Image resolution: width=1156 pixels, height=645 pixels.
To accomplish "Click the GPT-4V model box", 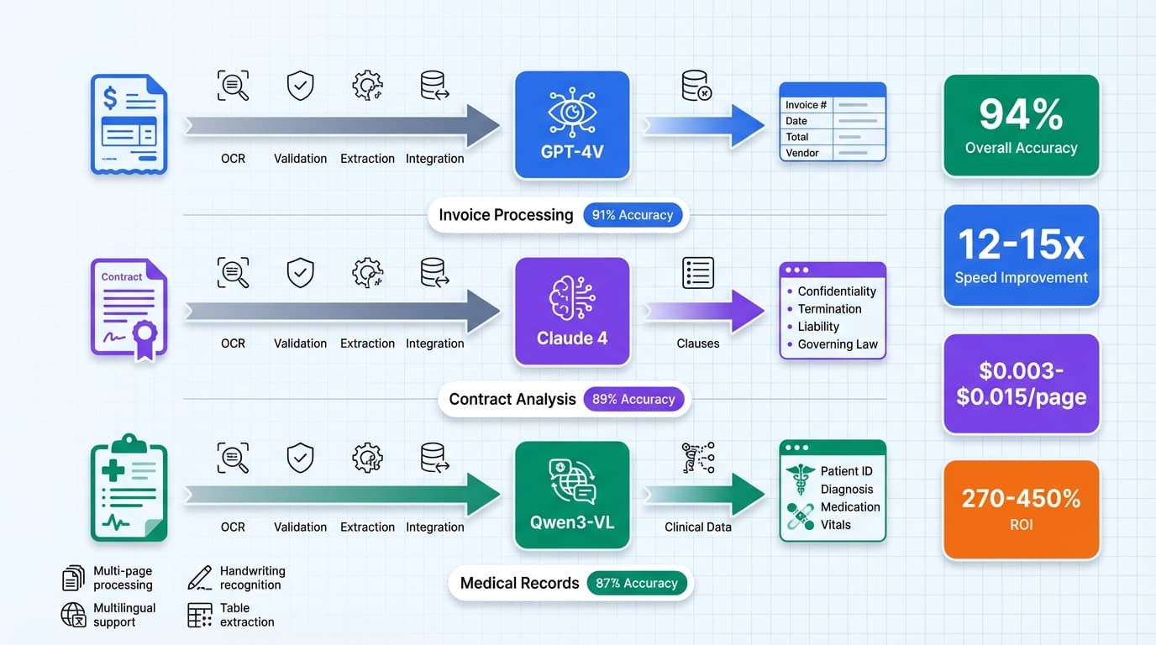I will pyautogui.click(x=571, y=124).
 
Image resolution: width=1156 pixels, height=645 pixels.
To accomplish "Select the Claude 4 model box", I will pyautogui.click(x=571, y=311).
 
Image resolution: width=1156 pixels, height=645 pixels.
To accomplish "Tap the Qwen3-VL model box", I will pyautogui.click(x=571, y=495).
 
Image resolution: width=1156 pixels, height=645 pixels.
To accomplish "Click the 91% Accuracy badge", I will pyautogui.click(x=632, y=215).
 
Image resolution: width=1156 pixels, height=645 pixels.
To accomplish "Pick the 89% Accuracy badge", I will pyautogui.click(x=633, y=400).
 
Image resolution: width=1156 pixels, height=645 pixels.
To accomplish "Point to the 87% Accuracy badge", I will pyautogui.click(x=636, y=583).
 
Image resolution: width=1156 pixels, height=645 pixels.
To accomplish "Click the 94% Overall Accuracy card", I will pyautogui.click(x=1021, y=126).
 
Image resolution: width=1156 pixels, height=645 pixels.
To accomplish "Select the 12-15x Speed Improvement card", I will pyautogui.click(x=1021, y=255).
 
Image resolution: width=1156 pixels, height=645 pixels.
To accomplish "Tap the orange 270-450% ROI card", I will pyautogui.click(x=1021, y=509).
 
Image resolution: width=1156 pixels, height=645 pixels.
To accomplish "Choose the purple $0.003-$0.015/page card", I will pyautogui.click(x=1021, y=384).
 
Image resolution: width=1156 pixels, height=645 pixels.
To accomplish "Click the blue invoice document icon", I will pyautogui.click(x=129, y=124).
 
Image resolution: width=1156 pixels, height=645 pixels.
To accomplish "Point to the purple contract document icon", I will pyautogui.click(x=129, y=309).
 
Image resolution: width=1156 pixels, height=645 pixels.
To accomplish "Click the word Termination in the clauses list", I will pyautogui.click(x=829, y=309).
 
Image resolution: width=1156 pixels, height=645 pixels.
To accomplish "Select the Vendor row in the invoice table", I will pyautogui.click(x=832, y=153).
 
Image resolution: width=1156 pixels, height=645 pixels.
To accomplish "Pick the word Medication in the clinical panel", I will pyautogui.click(x=849, y=507).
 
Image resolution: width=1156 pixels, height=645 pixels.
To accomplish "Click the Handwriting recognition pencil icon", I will pyautogui.click(x=200, y=578).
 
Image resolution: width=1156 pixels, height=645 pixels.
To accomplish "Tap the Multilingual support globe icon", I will pyautogui.click(x=74, y=615).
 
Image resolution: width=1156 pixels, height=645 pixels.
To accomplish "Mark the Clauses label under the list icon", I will pyautogui.click(x=697, y=343).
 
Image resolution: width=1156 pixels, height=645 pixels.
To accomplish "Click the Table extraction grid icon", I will pyautogui.click(x=200, y=615).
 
